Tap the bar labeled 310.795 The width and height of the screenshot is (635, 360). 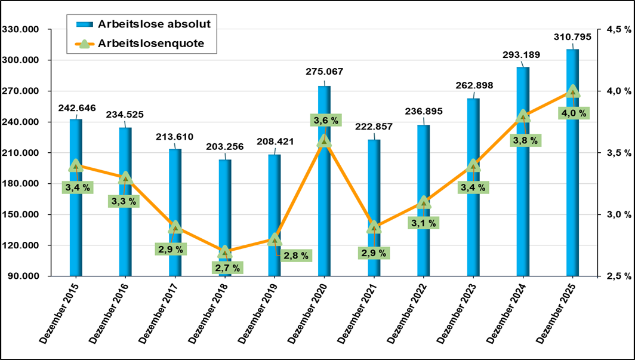573,179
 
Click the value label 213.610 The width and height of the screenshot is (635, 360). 175,137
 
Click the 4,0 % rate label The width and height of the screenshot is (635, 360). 573,113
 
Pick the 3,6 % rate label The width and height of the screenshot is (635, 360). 326,121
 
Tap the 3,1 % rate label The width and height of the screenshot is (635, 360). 423,223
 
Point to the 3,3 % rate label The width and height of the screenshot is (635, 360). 124,201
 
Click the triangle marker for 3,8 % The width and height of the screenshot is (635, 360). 523,115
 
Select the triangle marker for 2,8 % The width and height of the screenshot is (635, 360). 275,239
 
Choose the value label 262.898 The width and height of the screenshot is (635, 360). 474,85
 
